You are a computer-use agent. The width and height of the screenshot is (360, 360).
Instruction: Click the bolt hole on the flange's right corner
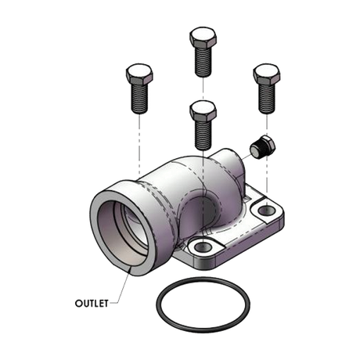pyautogui.click(x=266, y=211)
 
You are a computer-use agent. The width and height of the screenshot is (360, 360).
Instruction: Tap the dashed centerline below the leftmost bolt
pyautogui.click(x=139, y=141)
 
